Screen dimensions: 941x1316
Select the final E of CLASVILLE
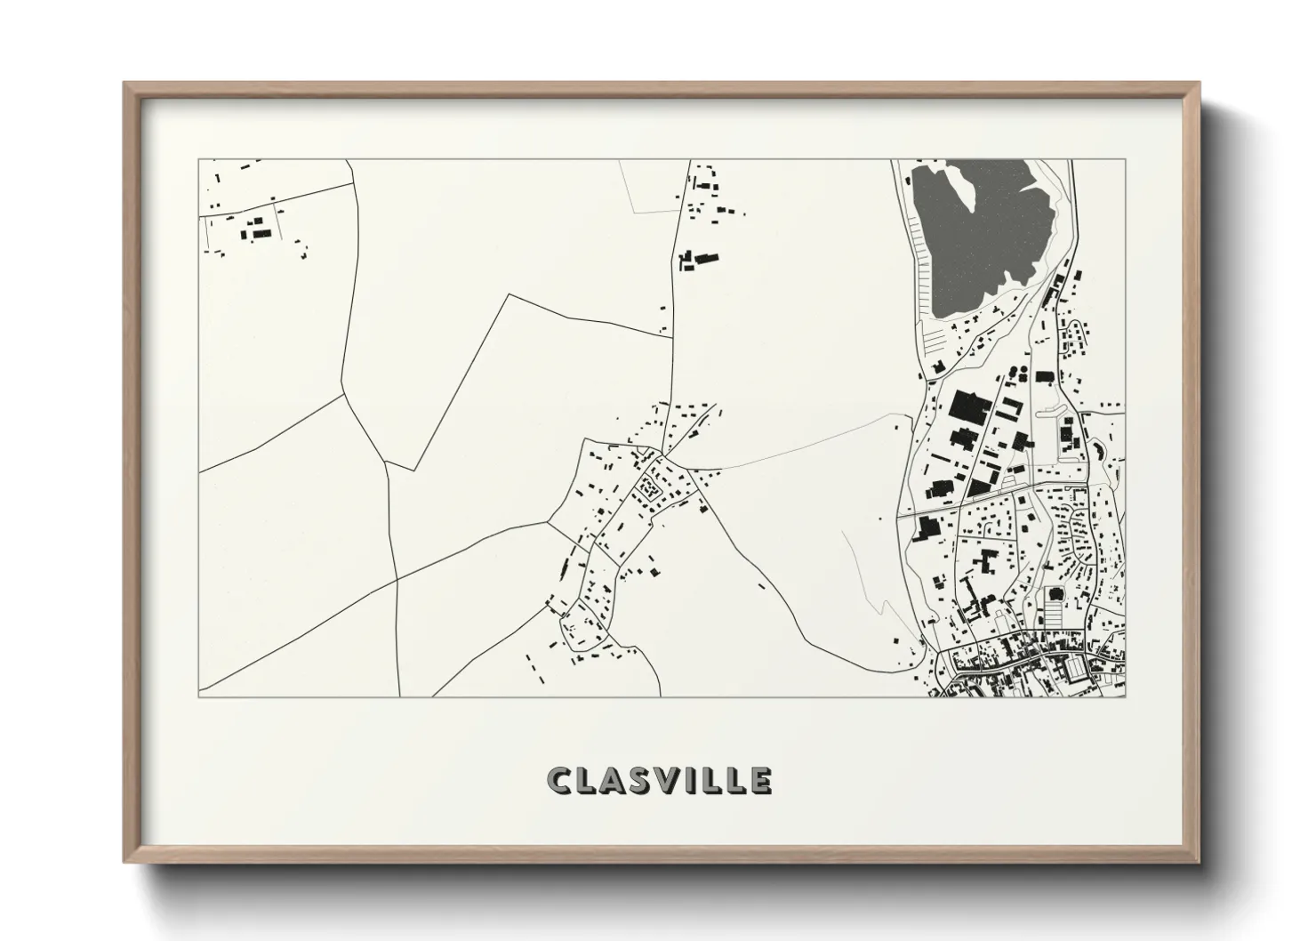(760, 781)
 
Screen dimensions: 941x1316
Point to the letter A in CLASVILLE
(609, 781)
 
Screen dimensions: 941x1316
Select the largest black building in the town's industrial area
(968, 408)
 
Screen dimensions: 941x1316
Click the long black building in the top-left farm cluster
(261, 233)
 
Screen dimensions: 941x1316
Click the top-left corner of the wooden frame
(125, 84)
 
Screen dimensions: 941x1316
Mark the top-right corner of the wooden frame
(1200, 84)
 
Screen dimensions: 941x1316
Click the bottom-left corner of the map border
(199, 697)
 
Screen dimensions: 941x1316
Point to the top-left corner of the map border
(199, 160)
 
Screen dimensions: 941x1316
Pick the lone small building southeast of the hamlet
(761, 585)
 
